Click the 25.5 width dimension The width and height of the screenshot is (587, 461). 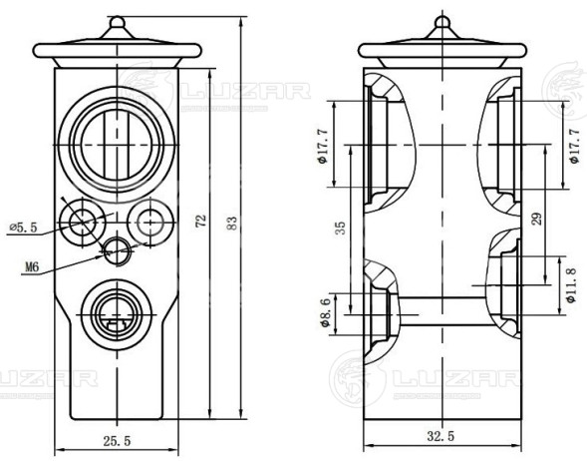tap(117, 441)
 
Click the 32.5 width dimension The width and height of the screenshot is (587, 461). tap(440, 436)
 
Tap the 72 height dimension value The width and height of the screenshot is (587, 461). tap(201, 221)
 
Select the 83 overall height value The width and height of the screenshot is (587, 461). tap(232, 223)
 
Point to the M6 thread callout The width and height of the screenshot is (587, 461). tap(32, 267)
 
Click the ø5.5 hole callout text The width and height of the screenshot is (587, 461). tap(24, 228)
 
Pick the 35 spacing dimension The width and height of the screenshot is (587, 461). tap(340, 228)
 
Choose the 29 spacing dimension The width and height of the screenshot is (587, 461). tap(536, 219)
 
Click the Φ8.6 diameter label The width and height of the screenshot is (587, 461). tap(325, 313)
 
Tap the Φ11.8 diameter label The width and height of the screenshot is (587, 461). tap(571, 285)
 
